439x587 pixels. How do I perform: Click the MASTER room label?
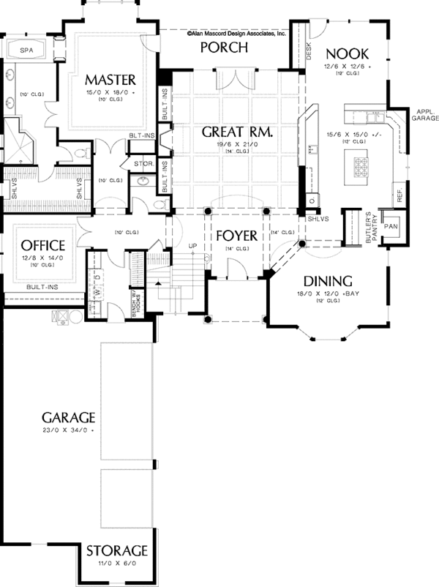click(x=111, y=78)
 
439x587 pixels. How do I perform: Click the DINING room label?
click(x=328, y=280)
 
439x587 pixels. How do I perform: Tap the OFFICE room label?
click(x=43, y=244)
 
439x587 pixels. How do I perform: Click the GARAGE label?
click(x=68, y=417)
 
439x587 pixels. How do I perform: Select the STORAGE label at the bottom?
click(x=117, y=550)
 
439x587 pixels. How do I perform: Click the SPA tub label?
click(x=27, y=51)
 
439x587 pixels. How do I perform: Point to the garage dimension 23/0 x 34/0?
click(x=68, y=430)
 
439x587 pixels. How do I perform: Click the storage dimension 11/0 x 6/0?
click(x=117, y=564)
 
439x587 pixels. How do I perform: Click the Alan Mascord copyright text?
click(x=236, y=33)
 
